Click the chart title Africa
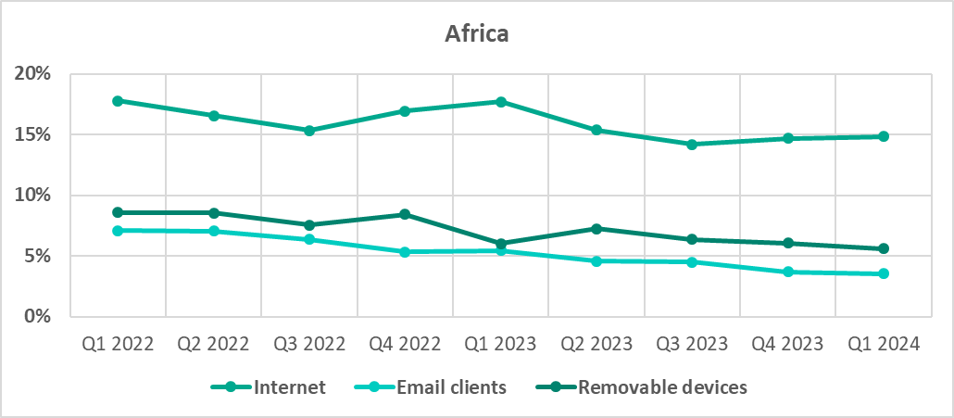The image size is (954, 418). pyautogui.click(x=477, y=34)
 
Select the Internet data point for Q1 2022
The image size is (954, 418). pyautogui.click(x=118, y=101)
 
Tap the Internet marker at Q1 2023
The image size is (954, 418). pyautogui.click(x=501, y=102)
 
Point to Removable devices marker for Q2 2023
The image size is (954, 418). pyautogui.click(x=597, y=228)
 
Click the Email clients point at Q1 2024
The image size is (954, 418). pyautogui.click(x=884, y=273)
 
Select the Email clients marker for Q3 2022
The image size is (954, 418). pyautogui.click(x=309, y=239)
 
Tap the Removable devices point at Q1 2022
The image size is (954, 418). pyautogui.click(x=118, y=212)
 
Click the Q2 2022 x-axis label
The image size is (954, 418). pyautogui.click(x=214, y=344)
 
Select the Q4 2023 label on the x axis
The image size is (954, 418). pyautogui.click(x=788, y=344)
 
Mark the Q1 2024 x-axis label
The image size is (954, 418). pyautogui.click(x=884, y=344)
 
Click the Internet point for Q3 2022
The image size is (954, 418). pyautogui.click(x=309, y=131)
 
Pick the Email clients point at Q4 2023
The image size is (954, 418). pyautogui.click(x=788, y=272)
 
